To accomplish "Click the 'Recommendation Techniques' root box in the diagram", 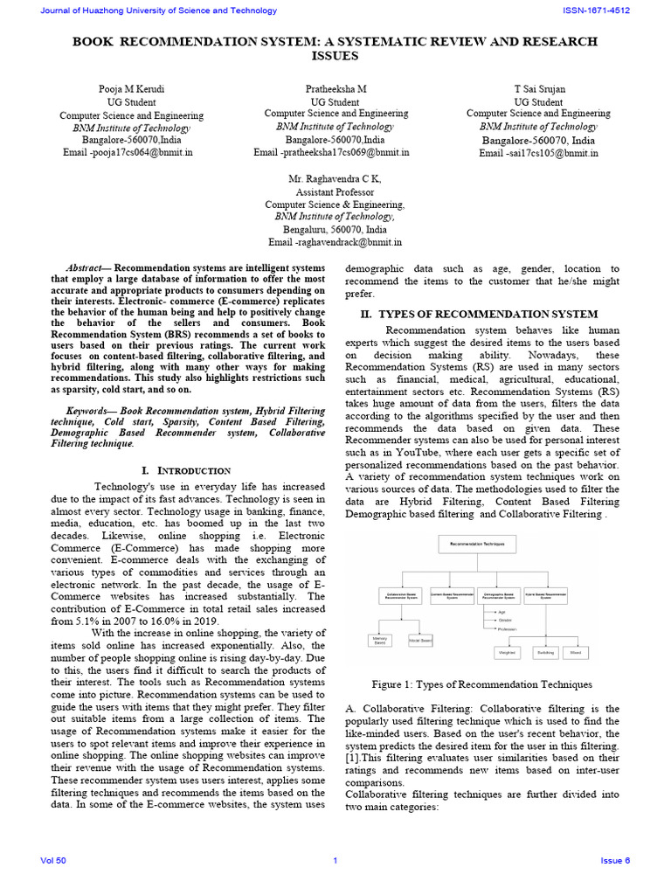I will (x=477, y=544).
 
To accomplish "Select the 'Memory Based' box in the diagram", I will (x=380, y=640).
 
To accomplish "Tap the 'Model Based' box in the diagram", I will (x=420, y=640).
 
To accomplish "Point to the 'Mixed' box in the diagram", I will (x=576, y=652).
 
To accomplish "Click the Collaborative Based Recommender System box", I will (x=400, y=595).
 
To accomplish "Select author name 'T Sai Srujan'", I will (x=538, y=90).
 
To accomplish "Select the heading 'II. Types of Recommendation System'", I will (x=480, y=314).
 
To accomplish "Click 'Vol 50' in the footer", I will (x=53, y=861).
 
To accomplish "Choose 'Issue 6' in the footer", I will (x=614, y=861).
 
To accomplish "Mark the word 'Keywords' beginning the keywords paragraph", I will (x=91, y=409).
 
